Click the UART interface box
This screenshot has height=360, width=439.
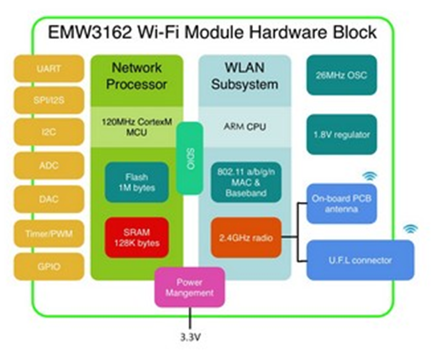pyautogui.click(x=49, y=69)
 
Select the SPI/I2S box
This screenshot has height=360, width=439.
pyautogui.click(x=49, y=101)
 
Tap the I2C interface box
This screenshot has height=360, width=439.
pyautogui.click(x=49, y=131)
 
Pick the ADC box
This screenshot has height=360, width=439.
pyautogui.click(x=49, y=166)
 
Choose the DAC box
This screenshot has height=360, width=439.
pyautogui.click(x=49, y=199)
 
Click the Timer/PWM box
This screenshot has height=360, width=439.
pyautogui.click(x=49, y=234)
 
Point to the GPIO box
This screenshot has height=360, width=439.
pyautogui.click(x=49, y=266)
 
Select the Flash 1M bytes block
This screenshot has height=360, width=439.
pyautogui.click(x=137, y=182)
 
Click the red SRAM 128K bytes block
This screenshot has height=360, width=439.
pyautogui.click(x=137, y=237)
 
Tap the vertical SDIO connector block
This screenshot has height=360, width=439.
pyautogui.click(x=190, y=158)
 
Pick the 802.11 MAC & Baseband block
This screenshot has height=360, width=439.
pyautogui.click(x=246, y=182)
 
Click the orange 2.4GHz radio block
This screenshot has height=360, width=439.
pyautogui.click(x=246, y=237)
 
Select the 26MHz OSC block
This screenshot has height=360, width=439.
pyautogui.click(x=342, y=75)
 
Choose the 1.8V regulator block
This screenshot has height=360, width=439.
pyautogui.click(x=342, y=134)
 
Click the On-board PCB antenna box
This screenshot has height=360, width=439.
pyautogui.click(x=342, y=204)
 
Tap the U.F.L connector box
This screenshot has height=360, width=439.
pyautogui.click(x=361, y=260)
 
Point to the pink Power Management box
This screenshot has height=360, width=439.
pyautogui.click(x=190, y=288)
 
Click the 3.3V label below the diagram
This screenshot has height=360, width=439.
pyautogui.click(x=190, y=337)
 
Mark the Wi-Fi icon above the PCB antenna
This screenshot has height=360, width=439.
pyautogui.click(x=369, y=176)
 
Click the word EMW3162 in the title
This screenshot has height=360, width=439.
pyautogui.click(x=90, y=32)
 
